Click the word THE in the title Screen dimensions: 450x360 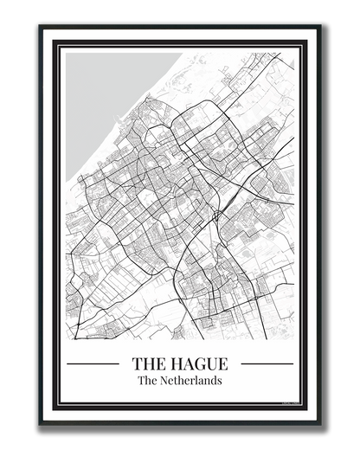pos(148,363)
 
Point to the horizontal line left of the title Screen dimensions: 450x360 pos(93,363)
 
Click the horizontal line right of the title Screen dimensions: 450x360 pos(267,363)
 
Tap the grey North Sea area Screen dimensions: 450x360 pos(104,95)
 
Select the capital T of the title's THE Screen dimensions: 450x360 pos(137,363)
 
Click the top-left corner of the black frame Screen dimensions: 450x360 pos(41,27)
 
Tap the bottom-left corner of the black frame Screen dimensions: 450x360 pos(41,423)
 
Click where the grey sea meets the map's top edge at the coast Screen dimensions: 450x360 pos(183,53)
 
